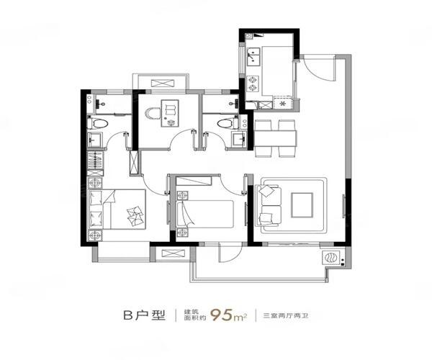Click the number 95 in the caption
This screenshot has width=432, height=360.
pyautogui.click(x=221, y=315)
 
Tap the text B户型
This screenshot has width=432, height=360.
pyautogui.click(x=144, y=315)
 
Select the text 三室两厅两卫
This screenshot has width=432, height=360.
pyautogui.click(x=285, y=315)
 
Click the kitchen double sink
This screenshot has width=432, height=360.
pyautogui.click(x=253, y=56)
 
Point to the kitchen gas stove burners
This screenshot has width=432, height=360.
pyautogui.click(x=253, y=84)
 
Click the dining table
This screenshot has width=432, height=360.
pyautogui.click(x=275, y=138)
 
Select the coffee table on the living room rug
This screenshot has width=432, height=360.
pyautogui.click(x=302, y=205)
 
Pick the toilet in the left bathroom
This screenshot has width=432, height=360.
pyautogui.click(x=97, y=123)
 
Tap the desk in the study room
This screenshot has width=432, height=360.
pyautogui.click(x=170, y=113)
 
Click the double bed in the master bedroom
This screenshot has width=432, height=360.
pyautogui.click(x=117, y=209)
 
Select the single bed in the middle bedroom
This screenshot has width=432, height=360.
pyautogui.click(x=205, y=214)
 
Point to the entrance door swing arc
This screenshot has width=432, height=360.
pyautogui.click(x=318, y=69)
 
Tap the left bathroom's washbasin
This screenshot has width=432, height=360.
pyautogui.click(x=95, y=140)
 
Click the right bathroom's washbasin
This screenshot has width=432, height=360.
pyautogui.click(x=239, y=140)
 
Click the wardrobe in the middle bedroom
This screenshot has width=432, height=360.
pyautogui.click(x=194, y=181)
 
